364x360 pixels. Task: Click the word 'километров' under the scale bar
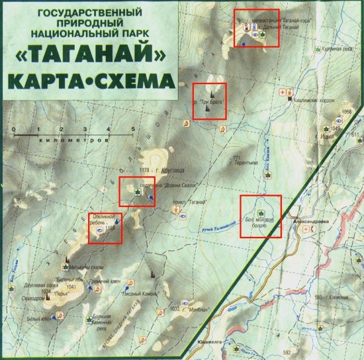pyautogui.click(x=71, y=141)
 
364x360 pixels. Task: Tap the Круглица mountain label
pyautogui.click(x=163, y=171)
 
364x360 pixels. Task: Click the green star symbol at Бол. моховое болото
pyautogui.click(x=262, y=213)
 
